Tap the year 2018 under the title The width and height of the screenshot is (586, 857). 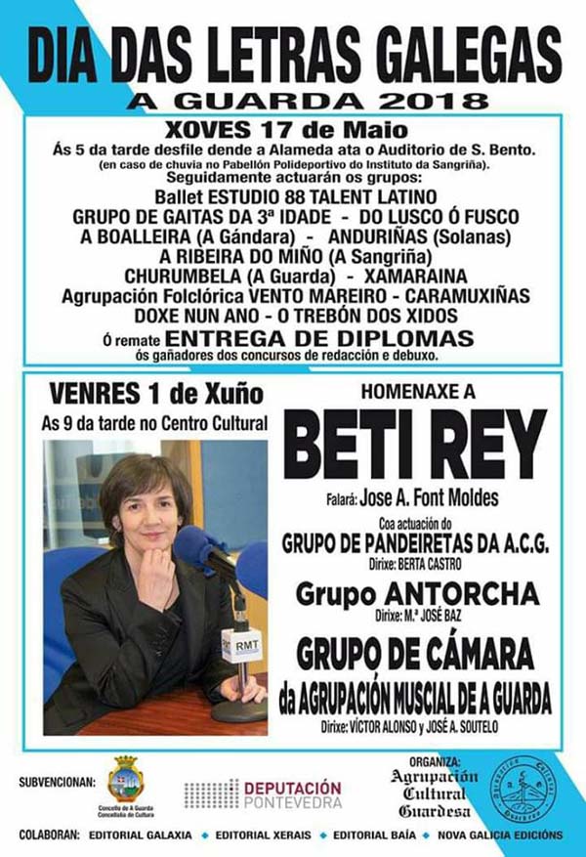438,100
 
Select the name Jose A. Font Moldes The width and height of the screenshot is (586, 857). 429,498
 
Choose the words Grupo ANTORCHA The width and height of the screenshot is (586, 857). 415,593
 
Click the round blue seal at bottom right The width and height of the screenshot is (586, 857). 523,790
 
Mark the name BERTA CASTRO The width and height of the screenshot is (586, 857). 437,563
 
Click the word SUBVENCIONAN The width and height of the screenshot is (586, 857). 58,782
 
